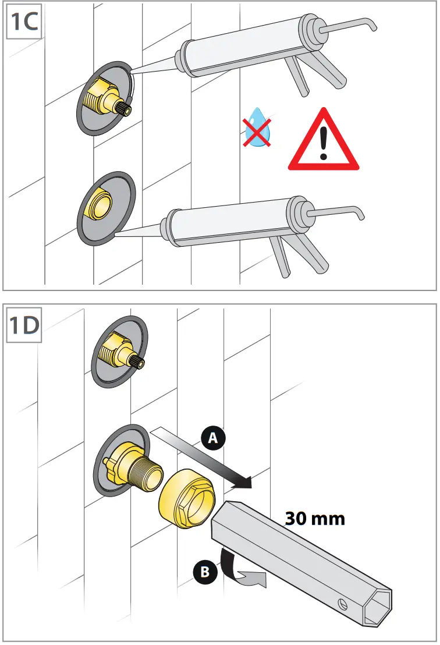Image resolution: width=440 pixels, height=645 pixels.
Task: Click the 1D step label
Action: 24,325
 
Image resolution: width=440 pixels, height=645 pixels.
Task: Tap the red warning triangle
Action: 324,141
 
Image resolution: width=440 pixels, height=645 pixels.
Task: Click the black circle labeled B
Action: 204,572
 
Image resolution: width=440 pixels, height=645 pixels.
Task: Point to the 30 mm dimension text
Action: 315,518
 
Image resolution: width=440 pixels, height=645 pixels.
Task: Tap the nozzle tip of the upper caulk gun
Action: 133,72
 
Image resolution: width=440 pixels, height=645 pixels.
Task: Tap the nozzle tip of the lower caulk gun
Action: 118,235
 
